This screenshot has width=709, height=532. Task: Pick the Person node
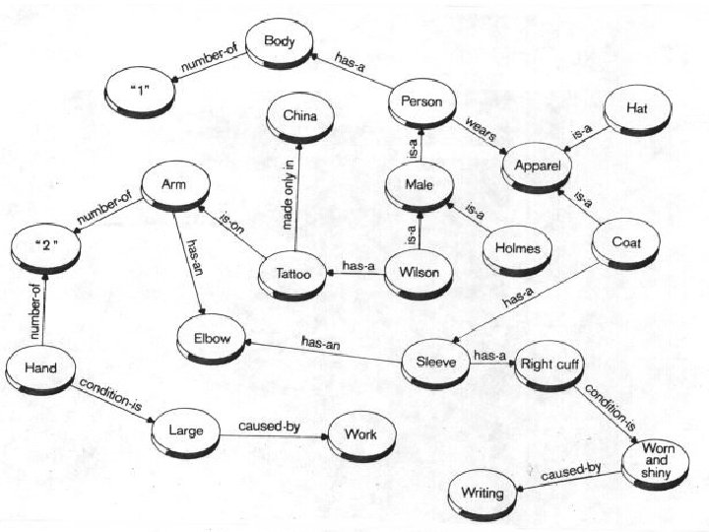pyautogui.click(x=421, y=101)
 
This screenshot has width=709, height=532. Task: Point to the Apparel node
pyautogui.click(x=537, y=166)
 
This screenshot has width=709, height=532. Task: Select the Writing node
pyautogui.click(x=481, y=493)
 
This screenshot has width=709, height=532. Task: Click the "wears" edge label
pyautogui.click(x=482, y=129)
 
